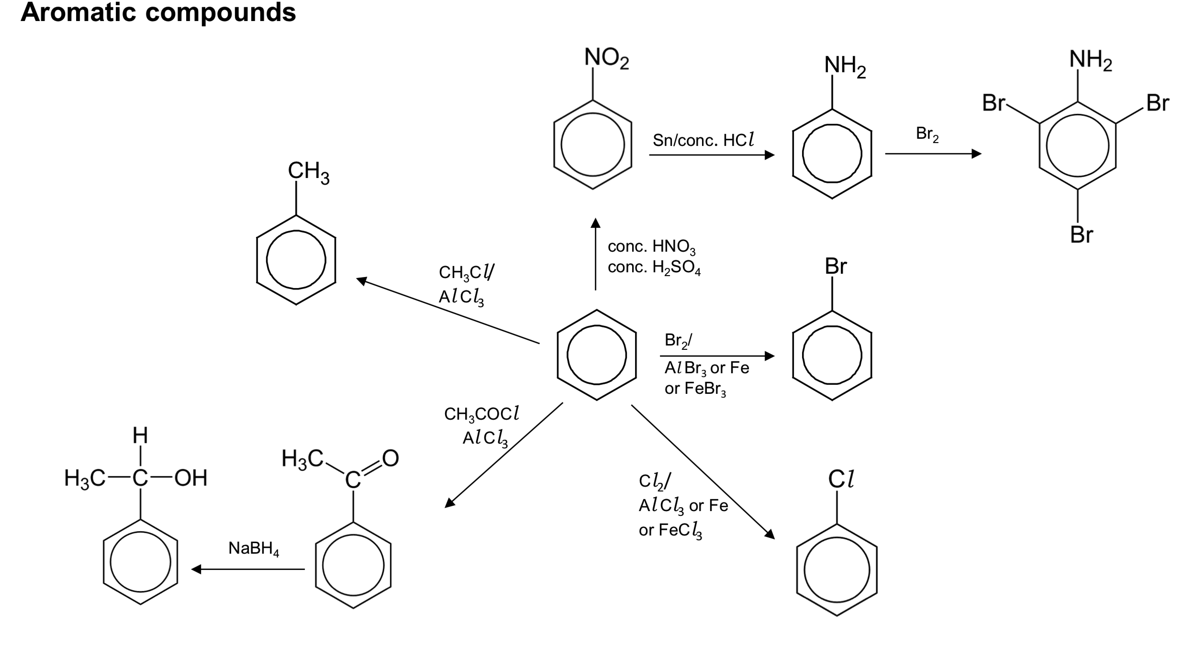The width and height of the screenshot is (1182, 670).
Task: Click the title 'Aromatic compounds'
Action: [158, 12]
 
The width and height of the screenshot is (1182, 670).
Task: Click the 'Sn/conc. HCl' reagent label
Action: [703, 140]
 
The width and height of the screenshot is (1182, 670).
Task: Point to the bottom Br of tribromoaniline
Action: [1082, 234]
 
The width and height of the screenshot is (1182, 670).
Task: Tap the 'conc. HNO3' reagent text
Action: [651, 247]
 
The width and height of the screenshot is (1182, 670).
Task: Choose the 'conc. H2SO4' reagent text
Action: [654, 268]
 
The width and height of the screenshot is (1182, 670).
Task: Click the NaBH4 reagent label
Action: [254, 548]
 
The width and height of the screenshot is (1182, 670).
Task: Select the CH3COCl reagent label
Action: [481, 414]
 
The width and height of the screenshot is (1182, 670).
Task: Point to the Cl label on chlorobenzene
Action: [841, 480]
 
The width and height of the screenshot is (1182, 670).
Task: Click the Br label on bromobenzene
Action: [836, 267]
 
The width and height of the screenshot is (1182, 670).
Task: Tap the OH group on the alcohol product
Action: [191, 478]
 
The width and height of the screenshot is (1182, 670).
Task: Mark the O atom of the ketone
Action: [390, 458]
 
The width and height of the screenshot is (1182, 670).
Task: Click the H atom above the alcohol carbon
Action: [140, 435]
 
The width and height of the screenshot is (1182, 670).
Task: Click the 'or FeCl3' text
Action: [670, 530]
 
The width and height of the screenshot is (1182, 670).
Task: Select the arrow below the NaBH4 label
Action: [248, 569]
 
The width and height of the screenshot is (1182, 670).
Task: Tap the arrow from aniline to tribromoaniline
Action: [933, 154]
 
